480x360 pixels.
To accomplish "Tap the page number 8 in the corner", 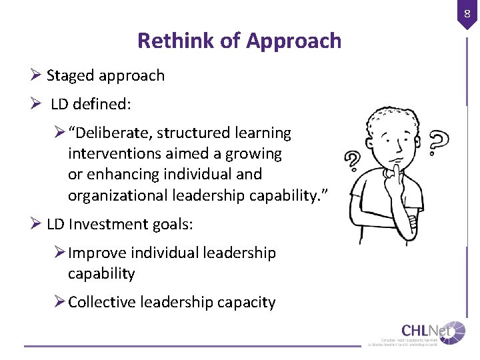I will click(467, 12).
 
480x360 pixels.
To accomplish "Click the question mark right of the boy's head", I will click(439, 141).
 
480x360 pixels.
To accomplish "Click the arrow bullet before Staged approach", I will click(37, 75).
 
